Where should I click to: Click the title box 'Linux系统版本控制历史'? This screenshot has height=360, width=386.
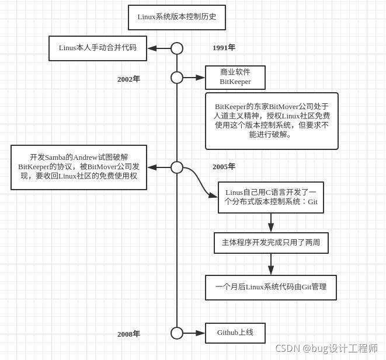tap(176, 17)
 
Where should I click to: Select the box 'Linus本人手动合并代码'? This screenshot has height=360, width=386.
tap(98, 48)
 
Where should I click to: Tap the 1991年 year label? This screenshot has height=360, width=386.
tap(224, 48)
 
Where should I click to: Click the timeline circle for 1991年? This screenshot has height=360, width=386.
tap(177, 48)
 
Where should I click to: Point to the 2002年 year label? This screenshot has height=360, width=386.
tap(128, 79)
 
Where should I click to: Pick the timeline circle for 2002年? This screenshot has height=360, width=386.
tap(177, 78)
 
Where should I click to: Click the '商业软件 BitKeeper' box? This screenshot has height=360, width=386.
tap(235, 77)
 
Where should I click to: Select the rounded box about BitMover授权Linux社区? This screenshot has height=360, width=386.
tap(272, 121)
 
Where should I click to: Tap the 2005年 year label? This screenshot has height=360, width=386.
tap(224, 167)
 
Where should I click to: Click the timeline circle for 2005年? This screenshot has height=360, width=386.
tap(177, 167)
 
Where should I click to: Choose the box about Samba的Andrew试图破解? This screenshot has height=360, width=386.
tap(79, 167)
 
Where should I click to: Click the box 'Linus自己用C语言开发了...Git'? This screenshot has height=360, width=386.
tap(270, 197)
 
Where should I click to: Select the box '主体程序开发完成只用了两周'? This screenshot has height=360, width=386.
tap(271, 243)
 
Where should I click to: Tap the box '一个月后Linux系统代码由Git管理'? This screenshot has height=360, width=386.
tap(270, 287)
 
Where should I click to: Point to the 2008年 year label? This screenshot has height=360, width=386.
tap(128, 334)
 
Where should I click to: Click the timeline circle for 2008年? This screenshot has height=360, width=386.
tap(177, 333)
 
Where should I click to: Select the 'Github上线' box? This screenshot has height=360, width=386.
tap(235, 333)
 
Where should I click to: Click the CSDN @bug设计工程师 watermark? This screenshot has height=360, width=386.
tap(326, 348)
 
